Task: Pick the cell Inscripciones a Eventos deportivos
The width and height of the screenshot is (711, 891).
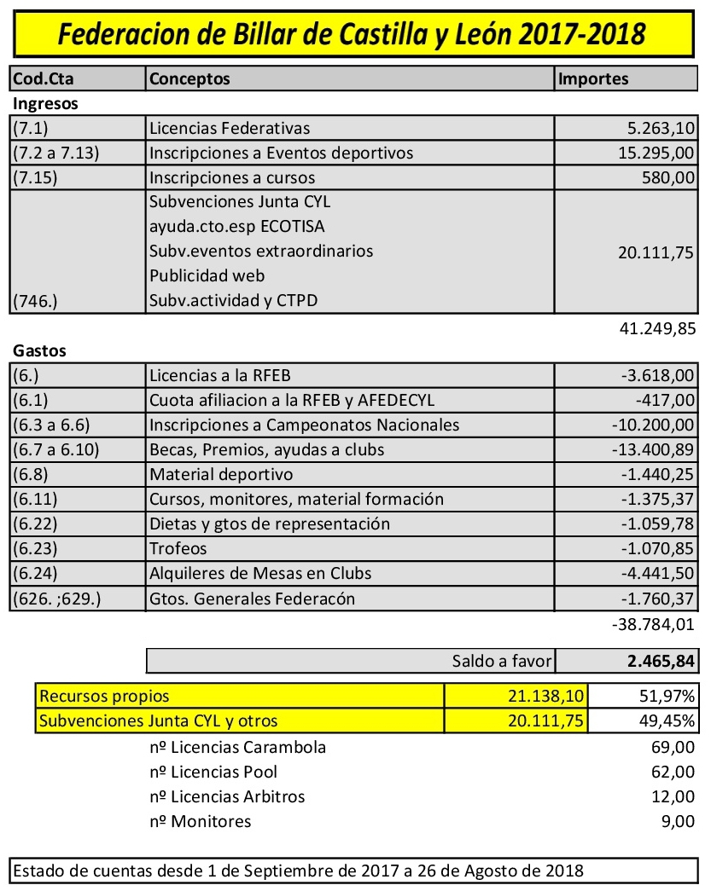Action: pyautogui.click(x=281, y=153)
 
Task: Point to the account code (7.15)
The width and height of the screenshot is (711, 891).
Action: pyautogui.click(x=35, y=177)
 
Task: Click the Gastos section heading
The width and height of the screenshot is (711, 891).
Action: pyautogui.click(x=39, y=350)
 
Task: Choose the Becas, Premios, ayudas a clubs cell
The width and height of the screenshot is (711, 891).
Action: pyautogui.click(x=266, y=449)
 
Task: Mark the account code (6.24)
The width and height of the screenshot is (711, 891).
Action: pyautogui.click(x=35, y=573)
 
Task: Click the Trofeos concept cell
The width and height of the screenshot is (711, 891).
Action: pyautogui.click(x=178, y=548)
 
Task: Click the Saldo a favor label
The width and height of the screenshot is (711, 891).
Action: pyautogui.click(x=502, y=661)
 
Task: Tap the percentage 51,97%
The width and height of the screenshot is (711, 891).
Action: pyautogui.click(x=668, y=697)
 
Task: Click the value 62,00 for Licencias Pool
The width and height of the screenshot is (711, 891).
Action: pyautogui.click(x=672, y=772)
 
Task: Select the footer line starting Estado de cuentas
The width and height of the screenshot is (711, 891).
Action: pyautogui.click(x=299, y=871)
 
